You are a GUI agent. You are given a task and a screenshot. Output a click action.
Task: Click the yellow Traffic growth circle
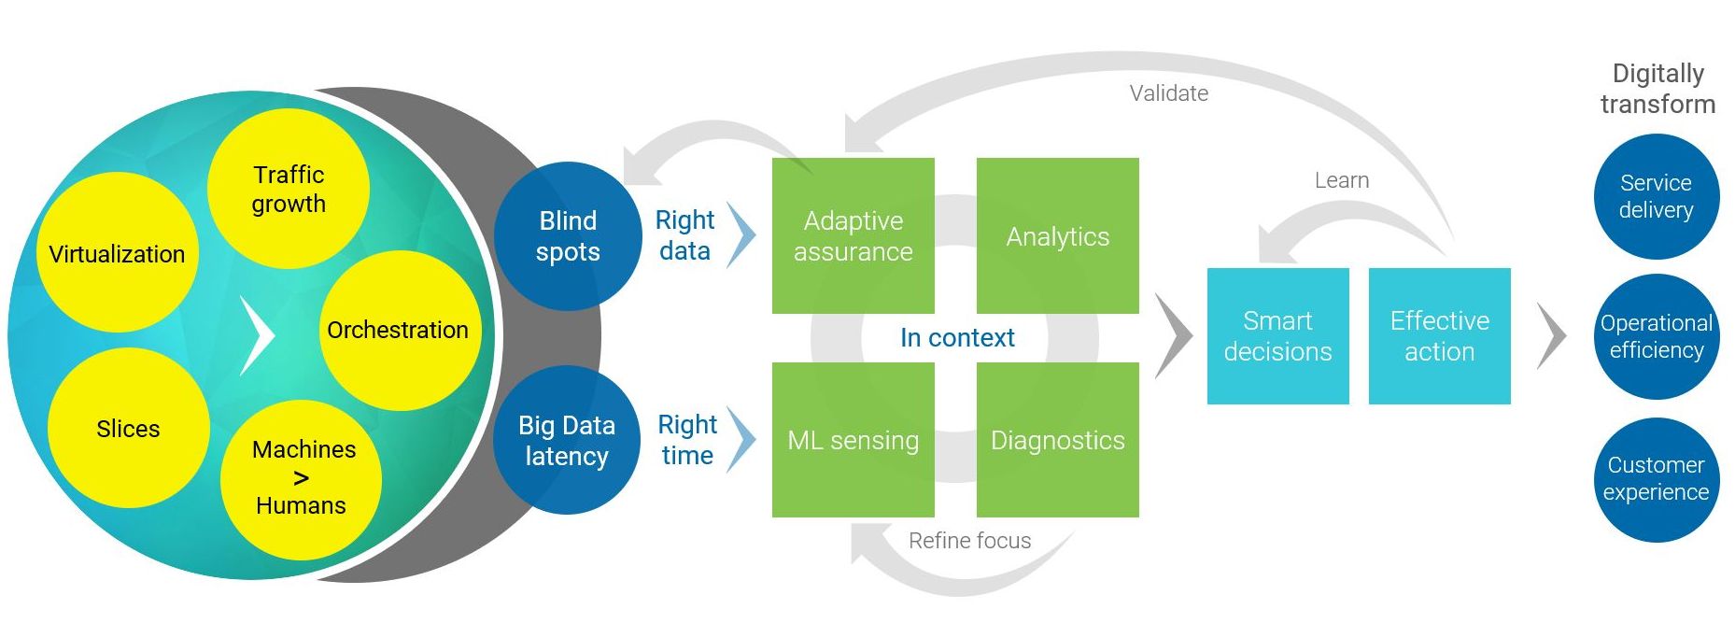click(288, 189)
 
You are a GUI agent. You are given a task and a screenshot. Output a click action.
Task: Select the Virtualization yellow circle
click(117, 252)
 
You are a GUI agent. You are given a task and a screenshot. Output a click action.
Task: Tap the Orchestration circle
click(400, 330)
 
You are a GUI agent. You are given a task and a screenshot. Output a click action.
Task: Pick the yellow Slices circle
click(129, 428)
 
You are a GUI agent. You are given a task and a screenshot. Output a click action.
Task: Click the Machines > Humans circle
click(301, 479)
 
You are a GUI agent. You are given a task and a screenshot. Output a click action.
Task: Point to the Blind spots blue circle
click(568, 236)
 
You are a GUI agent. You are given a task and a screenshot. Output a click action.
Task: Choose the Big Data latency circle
click(567, 440)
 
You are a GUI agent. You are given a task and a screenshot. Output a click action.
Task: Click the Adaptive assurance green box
click(853, 235)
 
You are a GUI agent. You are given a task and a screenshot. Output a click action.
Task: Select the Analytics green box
click(1058, 235)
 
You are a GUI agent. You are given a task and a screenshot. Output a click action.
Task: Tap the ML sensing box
click(853, 440)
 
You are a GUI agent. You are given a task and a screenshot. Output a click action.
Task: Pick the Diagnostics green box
click(1058, 440)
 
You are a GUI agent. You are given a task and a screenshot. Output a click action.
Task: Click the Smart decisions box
click(1278, 336)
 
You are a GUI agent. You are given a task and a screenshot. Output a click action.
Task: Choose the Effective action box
click(1440, 336)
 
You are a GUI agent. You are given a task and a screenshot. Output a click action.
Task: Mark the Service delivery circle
click(1657, 196)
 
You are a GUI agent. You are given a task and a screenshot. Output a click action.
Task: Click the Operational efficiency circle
click(1657, 336)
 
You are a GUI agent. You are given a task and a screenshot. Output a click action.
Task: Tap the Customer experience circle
click(1657, 479)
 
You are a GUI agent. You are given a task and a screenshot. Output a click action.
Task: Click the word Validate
click(1169, 93)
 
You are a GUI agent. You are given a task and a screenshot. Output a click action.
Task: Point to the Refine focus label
click(970, 541)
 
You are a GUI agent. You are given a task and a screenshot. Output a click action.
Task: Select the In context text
click(957, 337)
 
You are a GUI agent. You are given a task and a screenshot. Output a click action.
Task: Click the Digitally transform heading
click(1658, 89)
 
